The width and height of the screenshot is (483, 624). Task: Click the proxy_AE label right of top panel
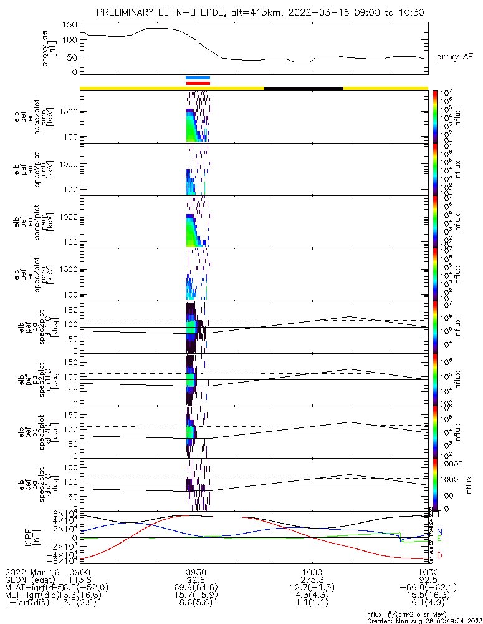[454, 57]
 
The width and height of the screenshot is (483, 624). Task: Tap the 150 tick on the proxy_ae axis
[70, 25]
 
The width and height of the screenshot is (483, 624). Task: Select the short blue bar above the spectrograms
[198, 77]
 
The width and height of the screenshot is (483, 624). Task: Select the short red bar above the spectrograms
[198, 82]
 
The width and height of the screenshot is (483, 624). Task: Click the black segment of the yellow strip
[304, 88]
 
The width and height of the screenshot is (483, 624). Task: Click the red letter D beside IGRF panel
[439, 555]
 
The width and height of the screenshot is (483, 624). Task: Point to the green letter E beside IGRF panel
[439, 539]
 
